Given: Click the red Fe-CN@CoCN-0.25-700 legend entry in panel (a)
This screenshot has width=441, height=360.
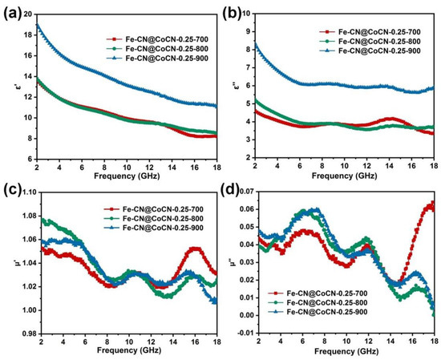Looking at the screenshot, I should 148,37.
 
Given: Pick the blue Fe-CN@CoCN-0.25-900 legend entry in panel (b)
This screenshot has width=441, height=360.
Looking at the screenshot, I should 372,50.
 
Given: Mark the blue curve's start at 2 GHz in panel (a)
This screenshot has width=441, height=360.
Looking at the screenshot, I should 37,25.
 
